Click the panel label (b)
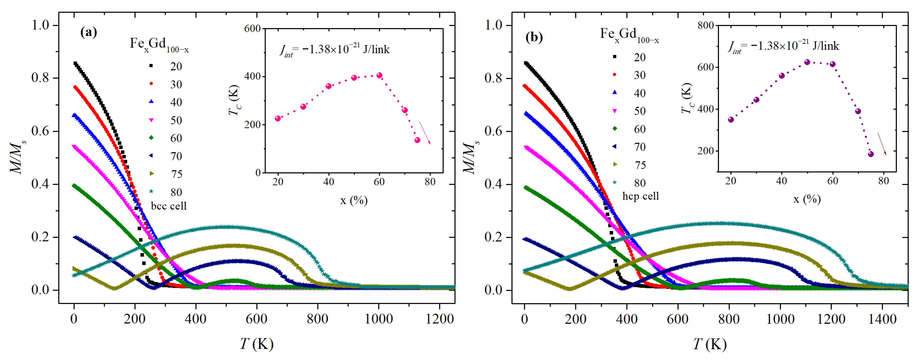534,37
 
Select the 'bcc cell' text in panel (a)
169,206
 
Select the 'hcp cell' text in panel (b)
640,196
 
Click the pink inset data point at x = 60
379,75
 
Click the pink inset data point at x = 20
278,118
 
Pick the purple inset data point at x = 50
807,62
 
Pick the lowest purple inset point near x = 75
870,154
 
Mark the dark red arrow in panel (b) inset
882,144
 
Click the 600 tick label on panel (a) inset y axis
252,29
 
